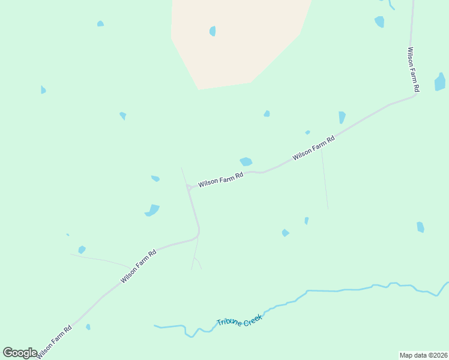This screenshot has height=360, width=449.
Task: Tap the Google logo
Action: pyautogui.click(x=20, y=353)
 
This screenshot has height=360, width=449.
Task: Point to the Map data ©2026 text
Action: pyautogui.click(x=423, y=355)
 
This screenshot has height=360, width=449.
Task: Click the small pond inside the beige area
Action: pyautogui.click(x=212, y=31)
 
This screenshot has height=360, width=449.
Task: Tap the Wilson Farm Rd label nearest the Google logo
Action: pyautogui.click(x=55, y=342)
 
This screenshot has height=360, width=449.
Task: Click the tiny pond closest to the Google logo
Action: pyautogui.click(x=88, y=327)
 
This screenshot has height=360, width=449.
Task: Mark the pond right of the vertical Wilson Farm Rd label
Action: pyautogui.click(x=440, y=82)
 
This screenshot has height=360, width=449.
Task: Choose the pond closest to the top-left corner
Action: pyautogui.click(x=100, y=24)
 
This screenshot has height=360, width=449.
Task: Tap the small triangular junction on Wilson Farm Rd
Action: pyautogui.click(x=188, y=188)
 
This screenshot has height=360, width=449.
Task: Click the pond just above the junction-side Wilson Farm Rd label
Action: pyautogui.click(x=246, y=161)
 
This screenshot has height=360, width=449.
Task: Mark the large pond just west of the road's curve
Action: pyautogui.click(x=152, y=210)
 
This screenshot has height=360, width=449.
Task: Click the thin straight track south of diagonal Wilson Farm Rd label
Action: pyautogui.click(x=324, y=180)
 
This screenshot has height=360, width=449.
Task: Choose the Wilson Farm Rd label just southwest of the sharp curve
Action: pyautogui.click(x=138, y=266)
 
